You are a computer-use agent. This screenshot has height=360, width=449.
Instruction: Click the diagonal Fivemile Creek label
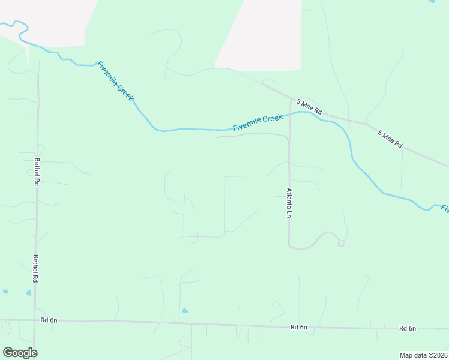(115, 81)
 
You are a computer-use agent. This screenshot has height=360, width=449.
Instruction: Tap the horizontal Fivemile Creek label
(258, 123)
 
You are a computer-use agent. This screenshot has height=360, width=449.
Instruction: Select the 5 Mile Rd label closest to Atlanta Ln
(310, 108)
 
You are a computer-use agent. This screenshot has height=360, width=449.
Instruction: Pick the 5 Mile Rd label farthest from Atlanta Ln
(390, 139)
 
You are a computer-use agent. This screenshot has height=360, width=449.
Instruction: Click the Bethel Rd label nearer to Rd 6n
(37, 269)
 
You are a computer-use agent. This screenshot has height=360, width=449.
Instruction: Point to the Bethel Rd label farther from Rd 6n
(37, 172)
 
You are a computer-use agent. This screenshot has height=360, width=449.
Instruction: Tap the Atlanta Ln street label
(289, 203)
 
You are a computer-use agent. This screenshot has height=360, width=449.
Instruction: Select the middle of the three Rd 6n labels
(298, 327)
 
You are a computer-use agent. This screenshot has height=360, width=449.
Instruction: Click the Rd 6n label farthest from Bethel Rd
(408, 328)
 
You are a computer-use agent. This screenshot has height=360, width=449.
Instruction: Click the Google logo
(20, 353)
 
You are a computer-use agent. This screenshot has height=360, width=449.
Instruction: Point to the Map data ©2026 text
(424, 355)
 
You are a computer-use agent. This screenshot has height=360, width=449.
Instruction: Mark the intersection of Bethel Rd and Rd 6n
(35, 320)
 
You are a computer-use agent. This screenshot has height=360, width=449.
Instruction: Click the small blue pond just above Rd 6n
(184, 311)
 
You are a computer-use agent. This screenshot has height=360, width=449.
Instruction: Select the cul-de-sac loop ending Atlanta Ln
(341, 243)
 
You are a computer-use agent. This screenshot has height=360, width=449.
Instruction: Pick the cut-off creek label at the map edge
(445, 208)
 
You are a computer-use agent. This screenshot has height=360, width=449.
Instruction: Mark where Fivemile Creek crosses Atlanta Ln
(290, 113)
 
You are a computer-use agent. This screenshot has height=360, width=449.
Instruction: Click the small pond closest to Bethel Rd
(28, 293)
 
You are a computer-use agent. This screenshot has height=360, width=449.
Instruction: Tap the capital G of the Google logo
(8, 352)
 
